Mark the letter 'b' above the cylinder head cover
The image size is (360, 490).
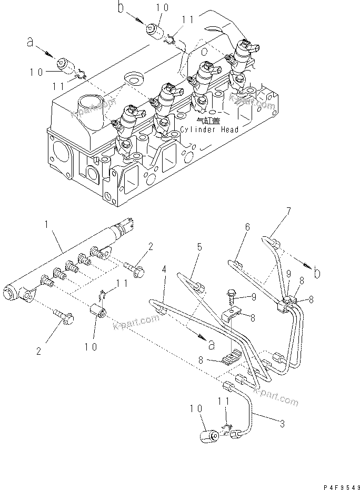point(121,8)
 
